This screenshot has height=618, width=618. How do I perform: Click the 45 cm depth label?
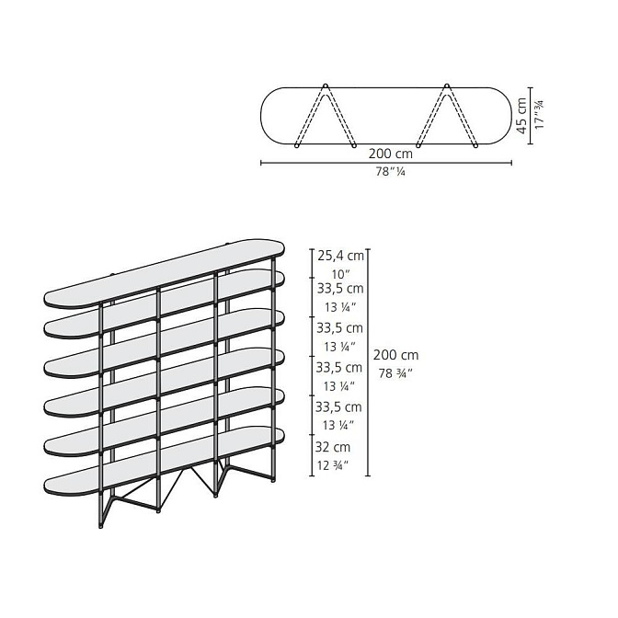point(521,116)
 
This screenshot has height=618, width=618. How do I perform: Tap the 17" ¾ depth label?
point(539,115)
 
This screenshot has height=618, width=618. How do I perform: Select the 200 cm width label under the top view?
point(391,154)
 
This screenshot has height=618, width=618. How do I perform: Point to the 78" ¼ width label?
point(390,172)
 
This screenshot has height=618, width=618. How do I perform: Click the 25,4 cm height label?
point(341,256)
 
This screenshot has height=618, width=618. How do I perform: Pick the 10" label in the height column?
point(341,274)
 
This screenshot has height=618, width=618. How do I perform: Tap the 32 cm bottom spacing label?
point(333,447)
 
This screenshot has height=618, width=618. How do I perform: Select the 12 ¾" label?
point(333,465)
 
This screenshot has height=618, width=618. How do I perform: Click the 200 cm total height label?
point(395,355)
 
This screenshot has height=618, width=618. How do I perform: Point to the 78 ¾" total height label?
point(395,372)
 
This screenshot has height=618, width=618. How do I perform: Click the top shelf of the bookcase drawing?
point(164,274)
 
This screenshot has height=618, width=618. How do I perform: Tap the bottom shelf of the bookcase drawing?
point(164,461)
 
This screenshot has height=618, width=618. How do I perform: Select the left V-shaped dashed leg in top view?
point(326,116)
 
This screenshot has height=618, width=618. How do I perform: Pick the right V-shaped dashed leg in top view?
point(447,116)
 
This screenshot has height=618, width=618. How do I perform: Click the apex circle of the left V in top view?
point(326,86)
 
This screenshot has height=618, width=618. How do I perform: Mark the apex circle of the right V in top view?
point(447,86)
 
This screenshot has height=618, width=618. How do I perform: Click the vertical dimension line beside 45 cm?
point(530,116)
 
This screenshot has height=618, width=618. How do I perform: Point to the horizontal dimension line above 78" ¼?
point(386,163)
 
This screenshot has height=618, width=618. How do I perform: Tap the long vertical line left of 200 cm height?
point(368,362)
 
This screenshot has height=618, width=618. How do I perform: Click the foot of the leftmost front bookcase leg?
point(100,526)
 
